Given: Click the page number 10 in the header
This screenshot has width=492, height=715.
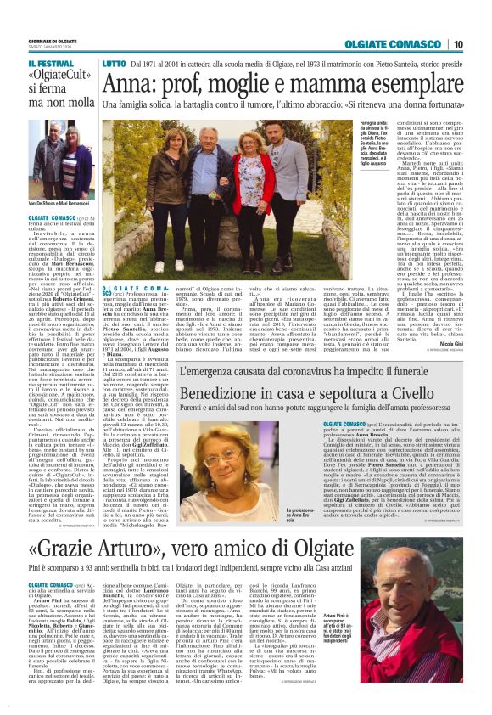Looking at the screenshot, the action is (457, 44).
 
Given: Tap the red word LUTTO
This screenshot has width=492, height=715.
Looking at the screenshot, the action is (113, 65).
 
